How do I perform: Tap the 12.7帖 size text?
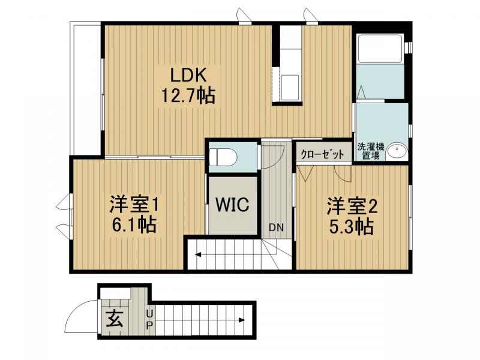188,95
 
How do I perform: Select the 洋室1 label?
133,204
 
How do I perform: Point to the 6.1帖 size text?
133,225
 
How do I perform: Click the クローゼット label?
322,154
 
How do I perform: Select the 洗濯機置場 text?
370,151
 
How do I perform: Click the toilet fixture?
224,157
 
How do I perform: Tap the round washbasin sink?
395,152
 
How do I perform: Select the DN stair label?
276,227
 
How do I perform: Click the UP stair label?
149,319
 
